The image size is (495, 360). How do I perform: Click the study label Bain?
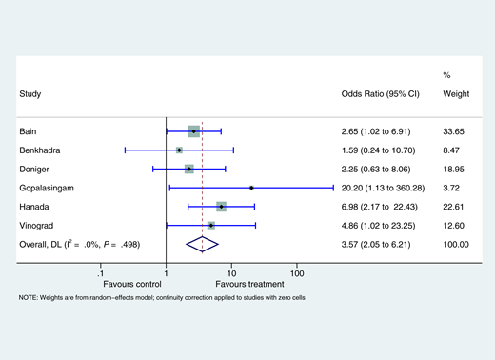click(x=29, y=130)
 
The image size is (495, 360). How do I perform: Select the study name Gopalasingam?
click(x=47, y=188)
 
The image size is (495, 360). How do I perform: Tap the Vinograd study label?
click(x=37, y=226)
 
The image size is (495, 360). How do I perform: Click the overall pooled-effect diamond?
click(x=203, y=245)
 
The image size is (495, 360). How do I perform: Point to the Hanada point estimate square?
click(x=221, y=207)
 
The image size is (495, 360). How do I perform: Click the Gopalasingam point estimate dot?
click(x=251, y=188)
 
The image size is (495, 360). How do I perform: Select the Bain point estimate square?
click(x=193, y=130)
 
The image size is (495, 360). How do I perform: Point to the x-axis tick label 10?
click(x=231, y=274)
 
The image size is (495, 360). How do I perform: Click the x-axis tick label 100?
click(x=297, y=274)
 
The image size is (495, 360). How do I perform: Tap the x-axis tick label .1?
click(x=101, y=274)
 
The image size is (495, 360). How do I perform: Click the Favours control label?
click(x=133, y=285)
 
